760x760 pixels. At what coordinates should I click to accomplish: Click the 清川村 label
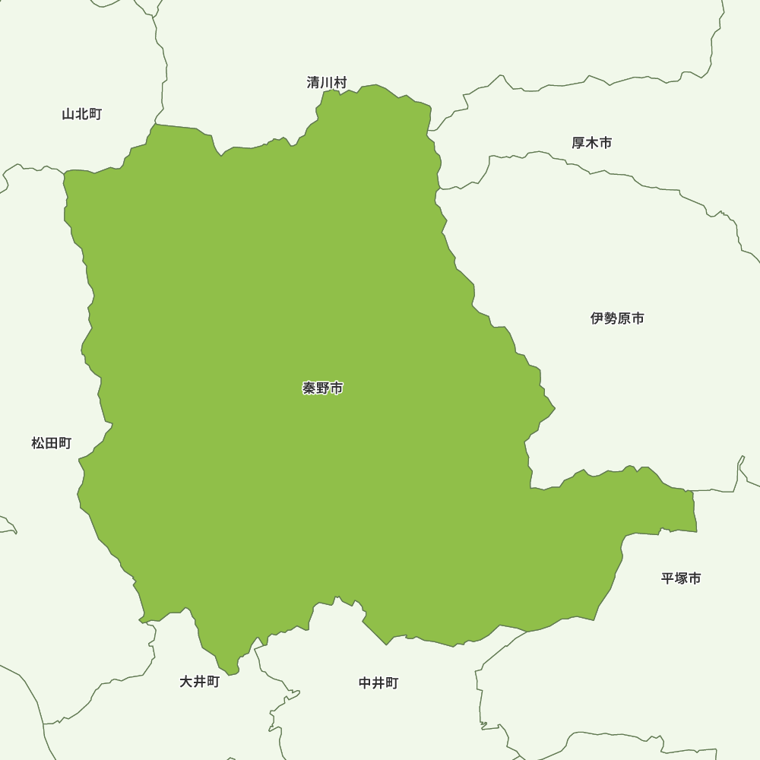click(x=327, y=83)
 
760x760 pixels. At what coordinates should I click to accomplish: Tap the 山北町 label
click(x=81, y=115)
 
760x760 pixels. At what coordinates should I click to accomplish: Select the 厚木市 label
click(x=591, y=143)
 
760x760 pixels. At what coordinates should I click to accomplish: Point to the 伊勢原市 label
click(x=617, y=318)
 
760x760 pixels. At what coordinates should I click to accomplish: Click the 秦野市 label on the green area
click(x=322, y=388)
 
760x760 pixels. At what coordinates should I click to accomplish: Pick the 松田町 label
click(x=52, y=443)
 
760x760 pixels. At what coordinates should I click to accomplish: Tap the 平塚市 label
click(x=681, y=578)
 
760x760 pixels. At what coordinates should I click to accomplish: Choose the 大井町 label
click(x=199, y=682)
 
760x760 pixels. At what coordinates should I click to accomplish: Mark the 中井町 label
click(x=378, y=683)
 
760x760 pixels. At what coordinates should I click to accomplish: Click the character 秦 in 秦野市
click(x=309, y=388)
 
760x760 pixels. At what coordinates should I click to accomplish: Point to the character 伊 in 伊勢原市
click(x=597, y=318)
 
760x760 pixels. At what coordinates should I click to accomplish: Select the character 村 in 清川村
click(x=340, y=83)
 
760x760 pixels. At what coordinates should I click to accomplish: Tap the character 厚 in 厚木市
click(x=578, y=143)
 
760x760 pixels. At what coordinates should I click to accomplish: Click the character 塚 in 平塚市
click(x=681, y=578)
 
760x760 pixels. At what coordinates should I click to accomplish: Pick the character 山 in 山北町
click(x=68, y=115)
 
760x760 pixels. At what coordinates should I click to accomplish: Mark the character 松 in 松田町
click(x=38, y=443)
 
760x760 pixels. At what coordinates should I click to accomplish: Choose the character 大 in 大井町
click(x=186, y=682)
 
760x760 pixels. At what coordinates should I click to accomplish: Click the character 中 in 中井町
click(x=366, y=683)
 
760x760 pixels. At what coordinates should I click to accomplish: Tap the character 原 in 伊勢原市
click(x=624, y=318)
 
